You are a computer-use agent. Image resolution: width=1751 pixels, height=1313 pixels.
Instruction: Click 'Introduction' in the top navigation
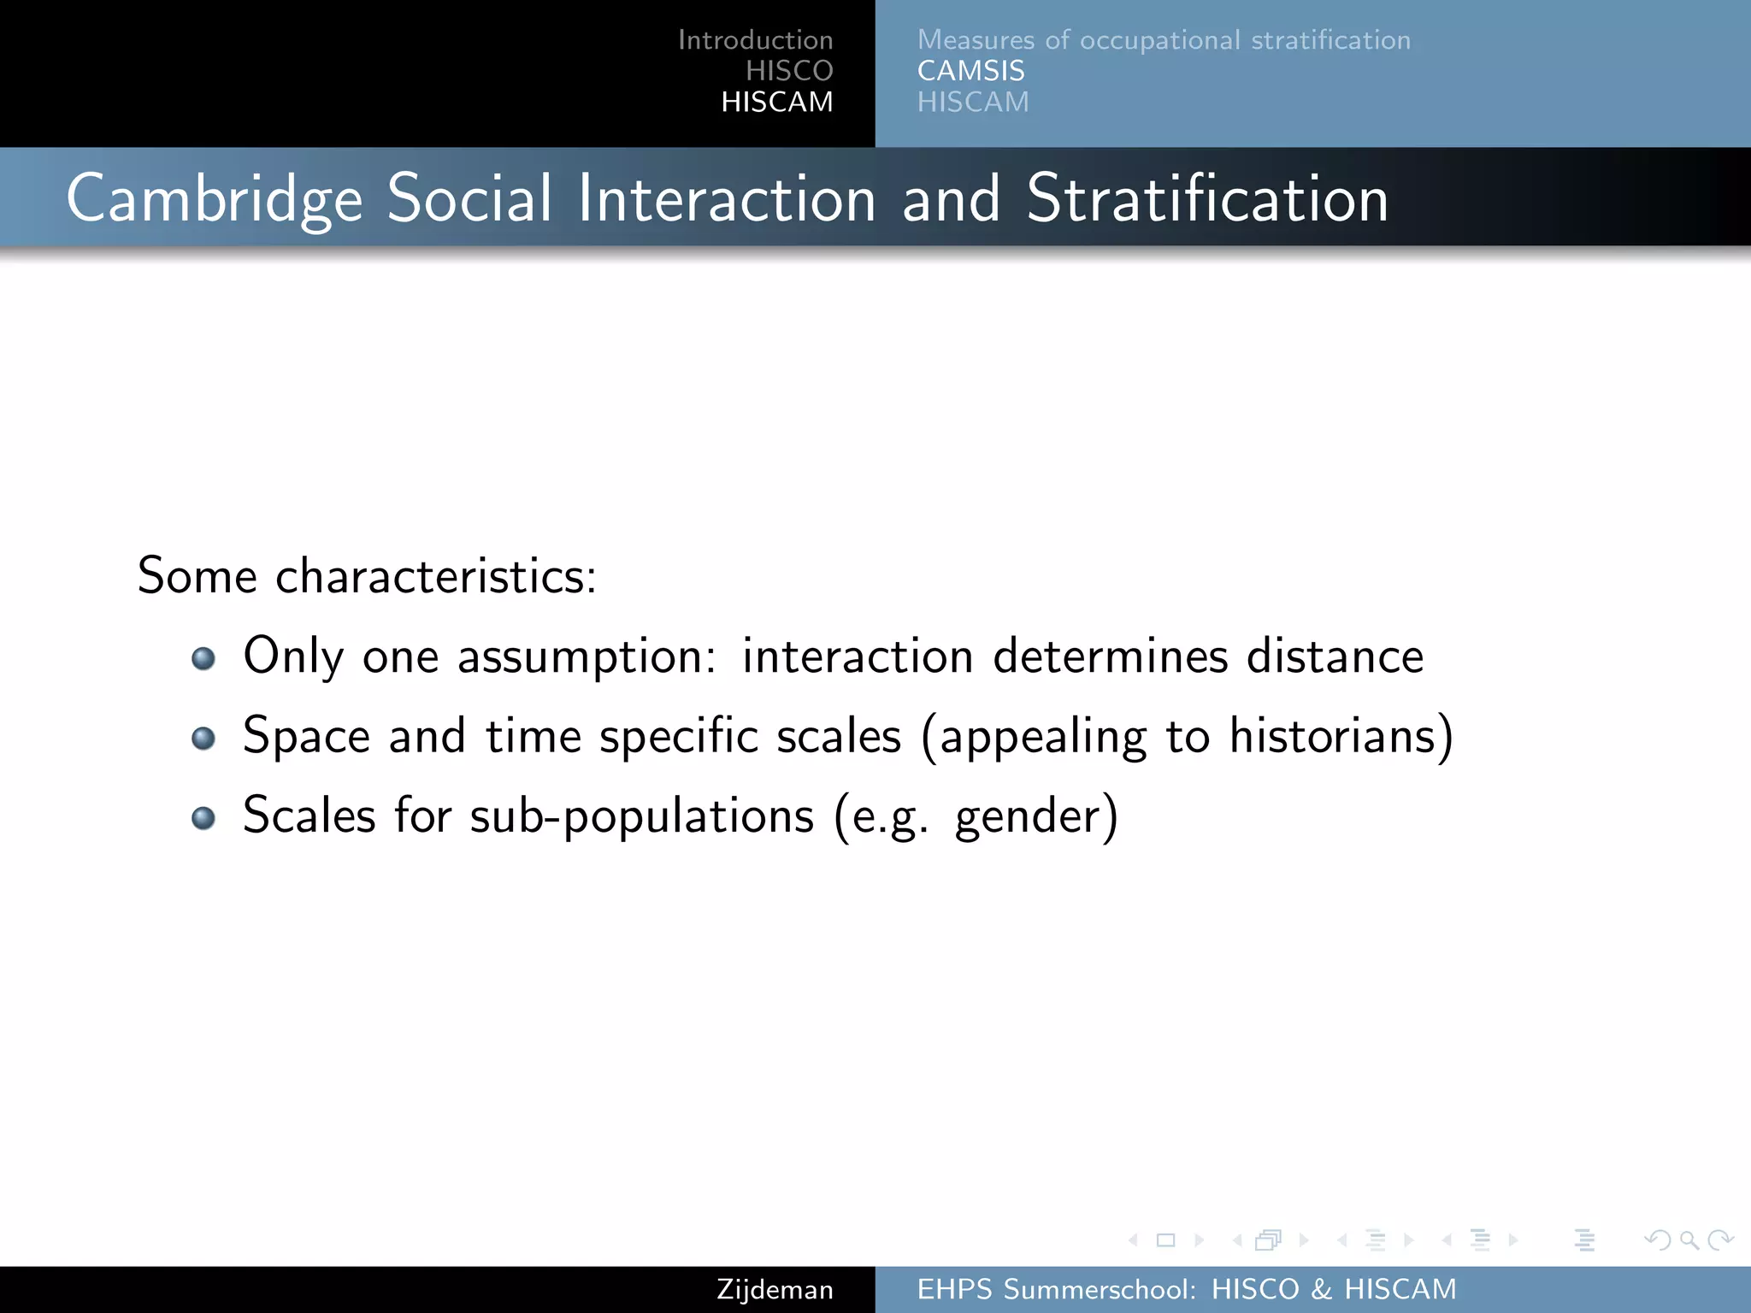click(755, 40)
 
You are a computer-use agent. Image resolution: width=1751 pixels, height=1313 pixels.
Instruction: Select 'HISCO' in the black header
click(788, 71)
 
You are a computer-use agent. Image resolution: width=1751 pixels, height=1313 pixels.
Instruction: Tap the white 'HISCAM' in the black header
click(776, 102)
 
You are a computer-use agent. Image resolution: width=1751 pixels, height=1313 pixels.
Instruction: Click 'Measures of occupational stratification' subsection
click(1164, 40)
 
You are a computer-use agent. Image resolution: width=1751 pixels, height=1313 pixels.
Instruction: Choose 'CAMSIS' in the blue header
click(970, 71)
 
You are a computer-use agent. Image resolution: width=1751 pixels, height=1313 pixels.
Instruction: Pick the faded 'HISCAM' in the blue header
click(973, 102)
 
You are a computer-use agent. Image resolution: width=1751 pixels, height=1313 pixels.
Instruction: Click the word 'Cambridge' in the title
click(215, 199)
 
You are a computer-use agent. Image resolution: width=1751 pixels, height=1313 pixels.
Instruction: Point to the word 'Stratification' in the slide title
click(1207, 199)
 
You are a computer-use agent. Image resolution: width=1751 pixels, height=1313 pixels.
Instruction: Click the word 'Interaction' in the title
click(727, 199)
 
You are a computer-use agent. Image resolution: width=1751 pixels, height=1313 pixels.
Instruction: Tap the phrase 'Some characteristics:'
click(367, 575)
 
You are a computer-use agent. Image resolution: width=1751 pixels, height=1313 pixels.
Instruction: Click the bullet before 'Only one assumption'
click(203, 658)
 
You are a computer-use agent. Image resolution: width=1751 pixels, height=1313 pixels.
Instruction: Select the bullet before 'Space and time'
click(203, 738)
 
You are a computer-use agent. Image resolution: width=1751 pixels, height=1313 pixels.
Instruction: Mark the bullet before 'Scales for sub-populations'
click(203, 818)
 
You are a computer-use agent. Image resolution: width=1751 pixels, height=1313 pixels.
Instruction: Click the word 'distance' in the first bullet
click(1335, 656)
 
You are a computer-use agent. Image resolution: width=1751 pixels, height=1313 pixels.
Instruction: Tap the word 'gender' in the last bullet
click(1029, 817)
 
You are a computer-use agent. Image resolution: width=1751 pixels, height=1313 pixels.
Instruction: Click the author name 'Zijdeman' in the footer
click(775, 1289)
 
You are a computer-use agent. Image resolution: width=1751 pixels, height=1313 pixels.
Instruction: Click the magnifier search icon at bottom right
click(1689, 1240)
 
